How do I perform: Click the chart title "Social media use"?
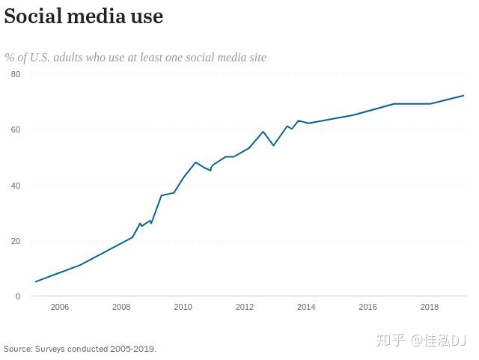83,16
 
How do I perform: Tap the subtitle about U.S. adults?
135,57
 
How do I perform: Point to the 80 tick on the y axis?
16,74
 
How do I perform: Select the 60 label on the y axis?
16,129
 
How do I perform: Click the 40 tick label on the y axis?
16,186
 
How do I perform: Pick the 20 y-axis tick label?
16,241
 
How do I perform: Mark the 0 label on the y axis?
18,296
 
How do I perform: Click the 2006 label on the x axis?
59,307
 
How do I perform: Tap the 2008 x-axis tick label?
121,307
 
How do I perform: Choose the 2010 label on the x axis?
183,307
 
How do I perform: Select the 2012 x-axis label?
245,307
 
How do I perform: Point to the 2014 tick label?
306,307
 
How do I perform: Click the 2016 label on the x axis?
367,307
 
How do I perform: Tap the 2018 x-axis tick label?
430,307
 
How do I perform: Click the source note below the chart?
80,349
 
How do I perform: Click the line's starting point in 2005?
35,282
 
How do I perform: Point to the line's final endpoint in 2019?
464,96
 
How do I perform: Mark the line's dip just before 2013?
273,145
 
